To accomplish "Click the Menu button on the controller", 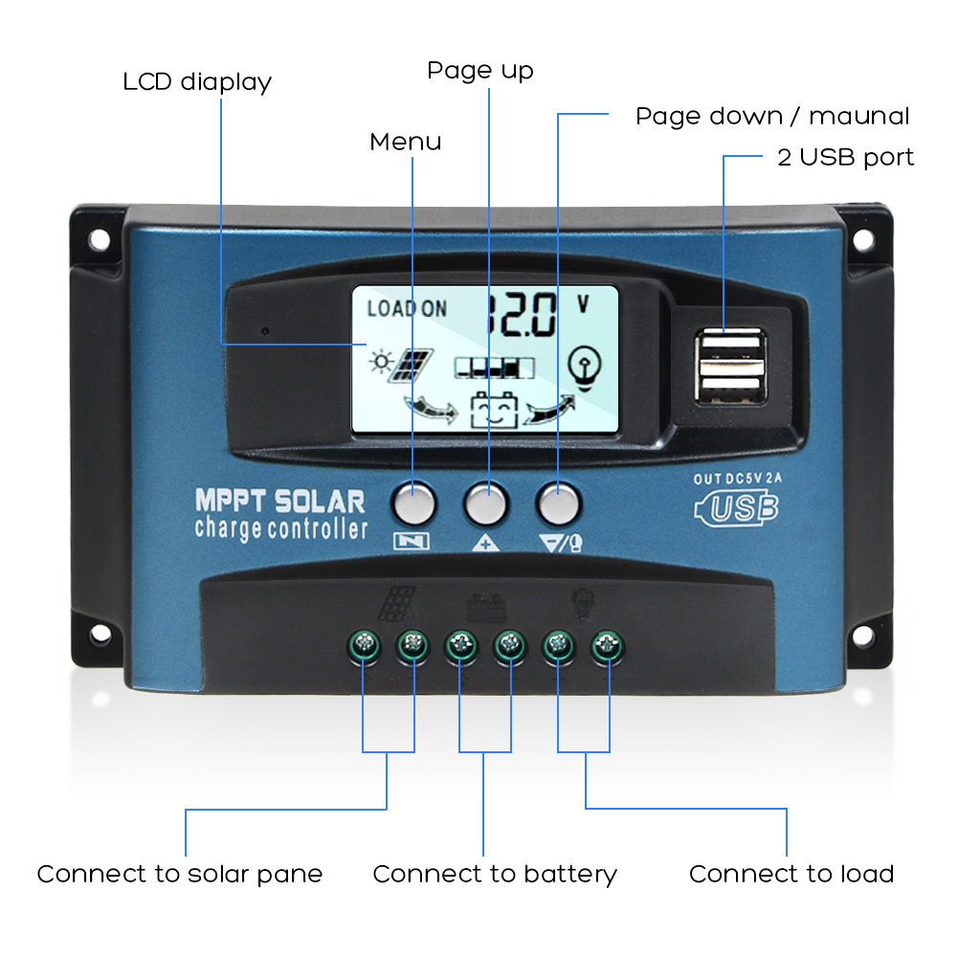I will (413, 501).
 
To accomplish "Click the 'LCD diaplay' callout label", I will (197, 82).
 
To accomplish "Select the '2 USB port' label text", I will (845, 157).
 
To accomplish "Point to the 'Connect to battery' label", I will (495, 874).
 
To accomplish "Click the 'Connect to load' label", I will (791, 874).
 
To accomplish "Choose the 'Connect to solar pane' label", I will (180, 874).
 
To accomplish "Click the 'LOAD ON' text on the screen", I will (407, 308).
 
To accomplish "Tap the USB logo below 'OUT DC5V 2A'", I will (737, 507).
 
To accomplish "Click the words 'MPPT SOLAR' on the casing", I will (279, 501).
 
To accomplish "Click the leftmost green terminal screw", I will (364, 647).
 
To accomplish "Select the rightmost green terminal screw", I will (605, 647).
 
